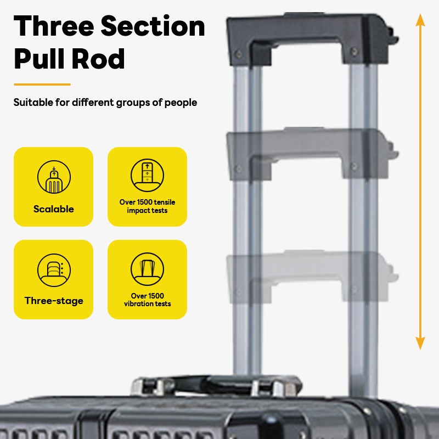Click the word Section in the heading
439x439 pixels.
pos(153,26)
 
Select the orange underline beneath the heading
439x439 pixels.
pos(42,85)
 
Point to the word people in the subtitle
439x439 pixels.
pos(181,103)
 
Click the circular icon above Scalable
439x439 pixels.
pos(54,177)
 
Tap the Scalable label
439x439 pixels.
pos(53,209)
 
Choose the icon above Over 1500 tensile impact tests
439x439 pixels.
pos(147,175)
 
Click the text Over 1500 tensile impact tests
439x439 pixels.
pos(147,206)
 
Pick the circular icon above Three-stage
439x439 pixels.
pos(54,270)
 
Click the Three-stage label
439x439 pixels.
pos(54,301)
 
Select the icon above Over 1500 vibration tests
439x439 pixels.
pos(147,269)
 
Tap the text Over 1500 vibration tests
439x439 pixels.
pos(147,300)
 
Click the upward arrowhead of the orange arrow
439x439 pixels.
pos(420,20)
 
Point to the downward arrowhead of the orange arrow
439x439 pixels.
pos(420,344)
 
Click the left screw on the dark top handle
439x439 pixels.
pos(239,54)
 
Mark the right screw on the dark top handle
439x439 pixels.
pos(354,52)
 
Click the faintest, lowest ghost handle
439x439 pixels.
pos(312,276)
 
